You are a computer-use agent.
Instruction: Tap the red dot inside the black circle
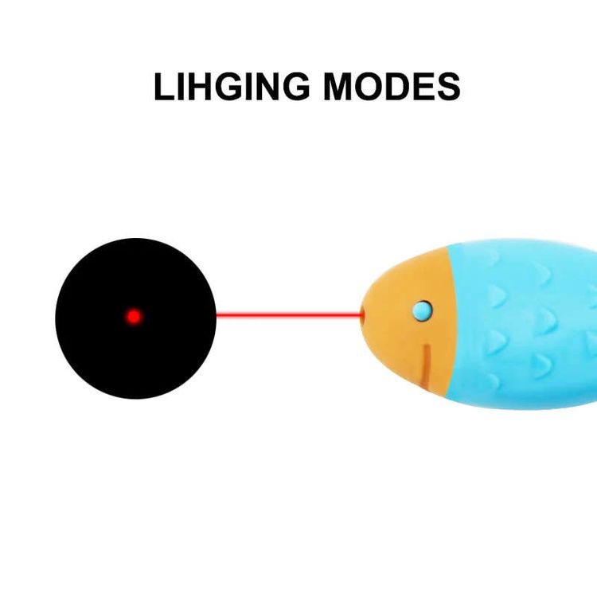[134, 316]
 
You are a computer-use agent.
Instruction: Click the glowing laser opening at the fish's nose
[363, 316]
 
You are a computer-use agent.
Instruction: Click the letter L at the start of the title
[165, 86]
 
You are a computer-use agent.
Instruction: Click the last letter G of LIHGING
[302, 86]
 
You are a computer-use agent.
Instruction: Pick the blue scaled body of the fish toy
[525, 326]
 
